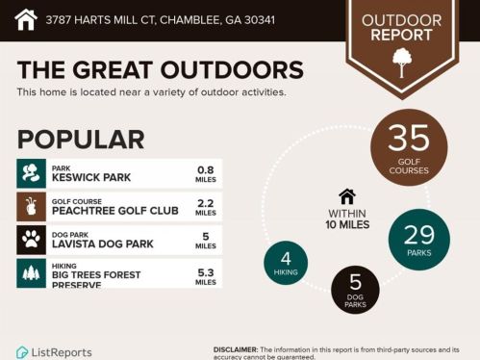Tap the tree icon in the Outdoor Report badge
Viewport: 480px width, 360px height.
(x=401, y=62)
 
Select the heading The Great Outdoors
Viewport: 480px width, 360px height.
(x=160, y=70)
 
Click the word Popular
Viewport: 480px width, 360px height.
(x=81, y=140)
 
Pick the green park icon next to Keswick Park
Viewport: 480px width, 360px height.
(x=32, y=173)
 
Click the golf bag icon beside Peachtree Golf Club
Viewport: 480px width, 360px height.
(x=32, y=206)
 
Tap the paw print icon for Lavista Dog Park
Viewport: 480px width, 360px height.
(x=32, y=239)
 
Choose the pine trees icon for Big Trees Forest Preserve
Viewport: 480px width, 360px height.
(x=32, y=272)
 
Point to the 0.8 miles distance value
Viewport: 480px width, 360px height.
(x=205, y=173)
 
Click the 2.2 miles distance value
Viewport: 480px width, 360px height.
(x=205, y=206)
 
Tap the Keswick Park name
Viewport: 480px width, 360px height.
(x=91, y=178)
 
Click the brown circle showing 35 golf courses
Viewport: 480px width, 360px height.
(x=409, y=147)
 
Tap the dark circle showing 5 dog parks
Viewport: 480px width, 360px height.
(x=355, y=290)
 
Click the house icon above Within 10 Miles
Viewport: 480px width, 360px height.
(x=347, y=196)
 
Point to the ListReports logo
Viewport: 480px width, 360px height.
(x=56, y=352)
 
